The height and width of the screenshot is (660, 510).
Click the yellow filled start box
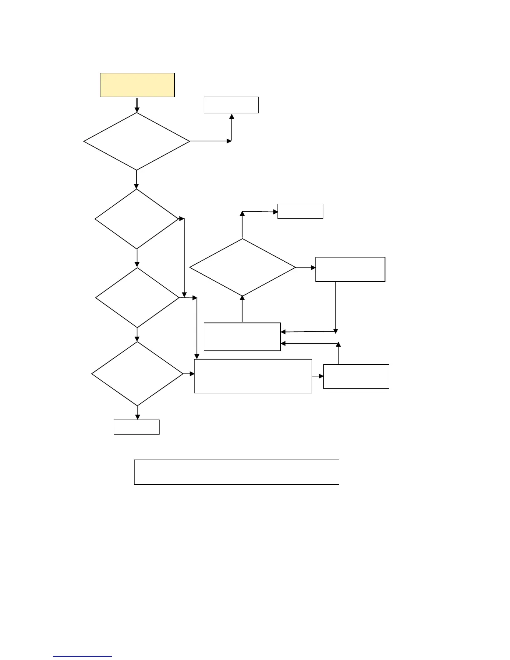pyautogui.click(x=137, y=85)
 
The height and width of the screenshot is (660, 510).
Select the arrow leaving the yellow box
pyautogui.click(x=137, y=105)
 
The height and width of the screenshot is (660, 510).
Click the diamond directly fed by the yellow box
pyautogui.click(x=137, y=141)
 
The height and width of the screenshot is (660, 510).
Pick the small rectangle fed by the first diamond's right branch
pyautogui.click(x=231, y=105)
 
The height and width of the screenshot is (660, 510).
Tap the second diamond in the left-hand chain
pyautogui.click(x=137, y=219)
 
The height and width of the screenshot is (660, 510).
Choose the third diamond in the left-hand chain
pyautogui.click(x=137, y=297)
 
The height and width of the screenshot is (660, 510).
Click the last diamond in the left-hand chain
pyautogui.click(x=137, y=374)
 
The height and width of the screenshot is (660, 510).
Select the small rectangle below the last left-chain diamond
pyautogui.click(x=137, y=427)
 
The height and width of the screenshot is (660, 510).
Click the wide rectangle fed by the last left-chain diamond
pyautogui.click(x=253, y=376)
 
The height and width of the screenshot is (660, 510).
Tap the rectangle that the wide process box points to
pyautogui.click(x=356, y=377)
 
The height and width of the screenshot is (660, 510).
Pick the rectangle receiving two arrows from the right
pyautogui.click(x=242, y=337)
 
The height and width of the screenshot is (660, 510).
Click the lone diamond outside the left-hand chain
pyautogui.click(x=242, y=267)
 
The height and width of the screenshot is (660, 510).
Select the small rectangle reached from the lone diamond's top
pyautogui.click(x=300, y=211)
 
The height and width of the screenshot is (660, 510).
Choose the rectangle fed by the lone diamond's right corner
pyautogui.click(x=350, y=270)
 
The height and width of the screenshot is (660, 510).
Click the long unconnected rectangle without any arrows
pyautogui.click(x=236, y=472)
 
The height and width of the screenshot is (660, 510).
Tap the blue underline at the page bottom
pyautogui.click(x=82, y=657)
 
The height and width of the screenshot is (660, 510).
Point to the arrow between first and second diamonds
pyautogui.click(x=137, y=180)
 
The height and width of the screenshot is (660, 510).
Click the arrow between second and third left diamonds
pyautogui.click(x=137, y=258)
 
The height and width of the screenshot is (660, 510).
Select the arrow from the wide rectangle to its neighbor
pyautogui.click(x=318, y=376)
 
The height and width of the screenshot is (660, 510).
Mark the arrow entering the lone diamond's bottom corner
pyautogui.click(x=242, y=309)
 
